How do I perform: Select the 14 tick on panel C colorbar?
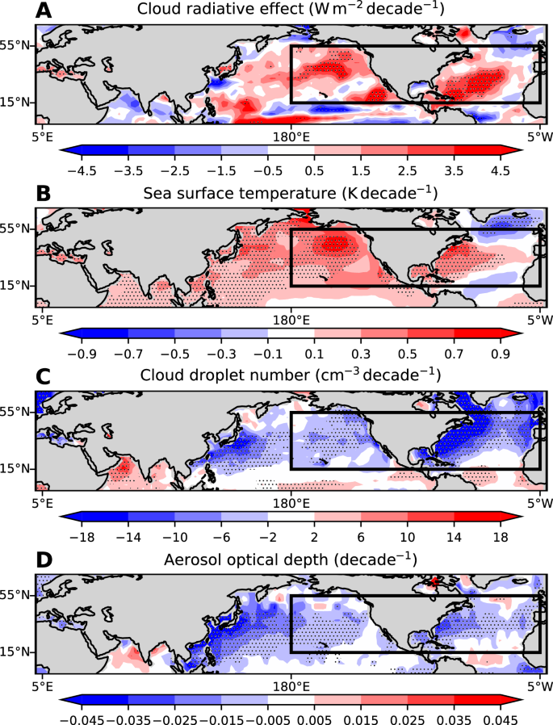click(x=455, y=537)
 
